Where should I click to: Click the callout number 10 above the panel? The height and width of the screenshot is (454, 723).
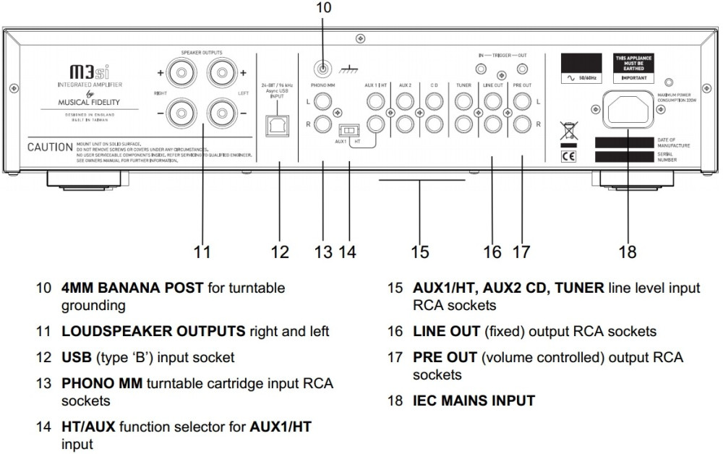[323, 8]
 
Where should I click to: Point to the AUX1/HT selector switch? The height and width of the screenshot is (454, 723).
[350, 131]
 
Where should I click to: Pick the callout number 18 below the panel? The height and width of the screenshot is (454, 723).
[628, 252]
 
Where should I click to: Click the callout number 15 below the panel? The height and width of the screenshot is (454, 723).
[420, 252]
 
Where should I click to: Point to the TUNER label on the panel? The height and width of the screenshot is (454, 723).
[464, 85]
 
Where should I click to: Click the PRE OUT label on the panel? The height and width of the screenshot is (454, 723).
[522, 85]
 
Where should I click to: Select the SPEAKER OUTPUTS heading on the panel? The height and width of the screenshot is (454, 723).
[202, 52]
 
